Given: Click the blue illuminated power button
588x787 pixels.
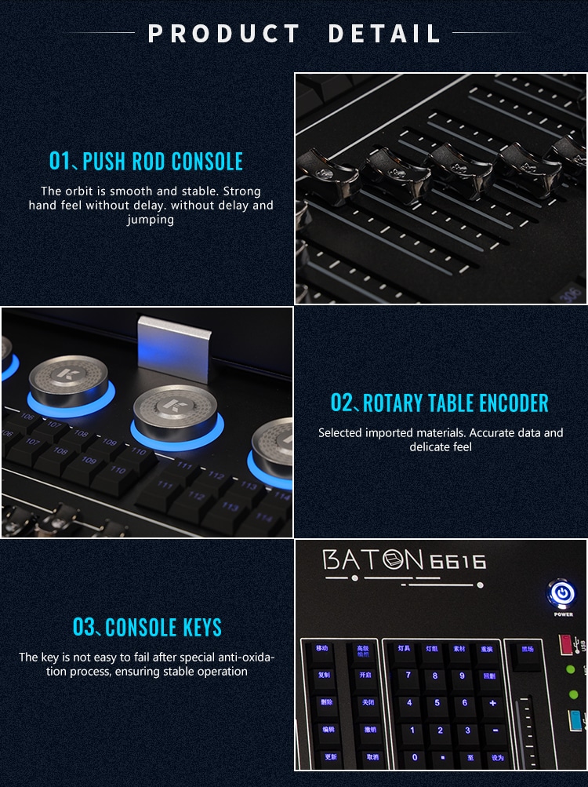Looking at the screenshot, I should coord(561,592).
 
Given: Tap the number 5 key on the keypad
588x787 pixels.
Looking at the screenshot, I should coord(436,702).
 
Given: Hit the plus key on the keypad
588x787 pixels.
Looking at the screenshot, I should coord(492,702).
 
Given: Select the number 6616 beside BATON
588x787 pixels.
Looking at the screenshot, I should coord(457,561).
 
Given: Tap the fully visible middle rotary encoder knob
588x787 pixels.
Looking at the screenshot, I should coord(174,409).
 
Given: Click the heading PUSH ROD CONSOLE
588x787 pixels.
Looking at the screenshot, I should coord(146,162).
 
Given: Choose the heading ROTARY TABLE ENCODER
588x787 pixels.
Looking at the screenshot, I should coord(439,403).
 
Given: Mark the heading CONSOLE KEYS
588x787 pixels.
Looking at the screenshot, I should coord(147,628).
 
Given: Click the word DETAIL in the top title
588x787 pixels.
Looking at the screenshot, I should coord(384,34).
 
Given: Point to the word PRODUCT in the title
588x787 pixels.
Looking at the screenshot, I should coord(224,34).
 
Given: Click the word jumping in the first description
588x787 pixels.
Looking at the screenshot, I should coord(151,220).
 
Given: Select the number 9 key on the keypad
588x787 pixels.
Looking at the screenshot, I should coord(463,676).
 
